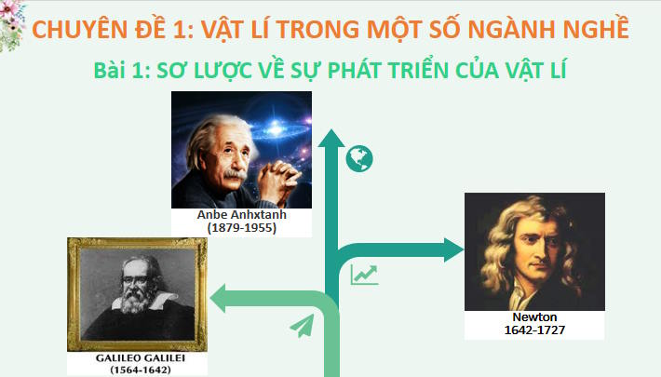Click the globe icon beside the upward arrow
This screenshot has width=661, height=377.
pyautogui.click(x=358, y=159)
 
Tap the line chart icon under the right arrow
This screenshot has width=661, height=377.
pyautogui.click(x=364, y=275)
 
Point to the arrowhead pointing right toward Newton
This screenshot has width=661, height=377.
pyautogui.click(x=453, y=249)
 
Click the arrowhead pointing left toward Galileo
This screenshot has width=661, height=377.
pyautogui.click(x=221, y=299)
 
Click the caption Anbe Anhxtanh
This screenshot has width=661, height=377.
pyautogui.click(x=242, y=214)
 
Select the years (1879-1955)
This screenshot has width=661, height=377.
pyautogui.click(x=242, y=226)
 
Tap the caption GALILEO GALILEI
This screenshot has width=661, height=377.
pyautogui.click(x=137, y=357)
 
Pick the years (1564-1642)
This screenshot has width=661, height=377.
pyautogui.click(x=137, y=370)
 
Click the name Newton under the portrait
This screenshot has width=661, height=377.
pyautogui.click(x=534, y=317)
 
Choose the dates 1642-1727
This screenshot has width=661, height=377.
pyautogui.click(x=534, y=330)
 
